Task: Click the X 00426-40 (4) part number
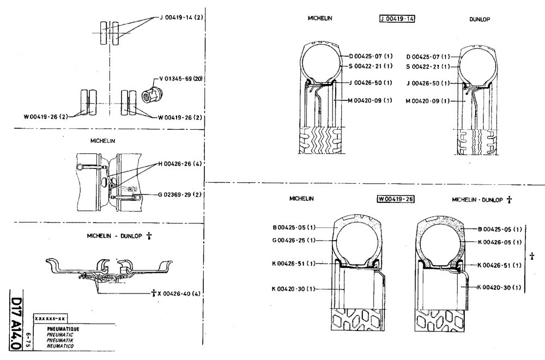[x=177, y=294]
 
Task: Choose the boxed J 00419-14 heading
[x=396, y=19]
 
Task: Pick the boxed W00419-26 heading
[x=396, y=199]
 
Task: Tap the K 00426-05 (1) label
[x=500, y=242]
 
